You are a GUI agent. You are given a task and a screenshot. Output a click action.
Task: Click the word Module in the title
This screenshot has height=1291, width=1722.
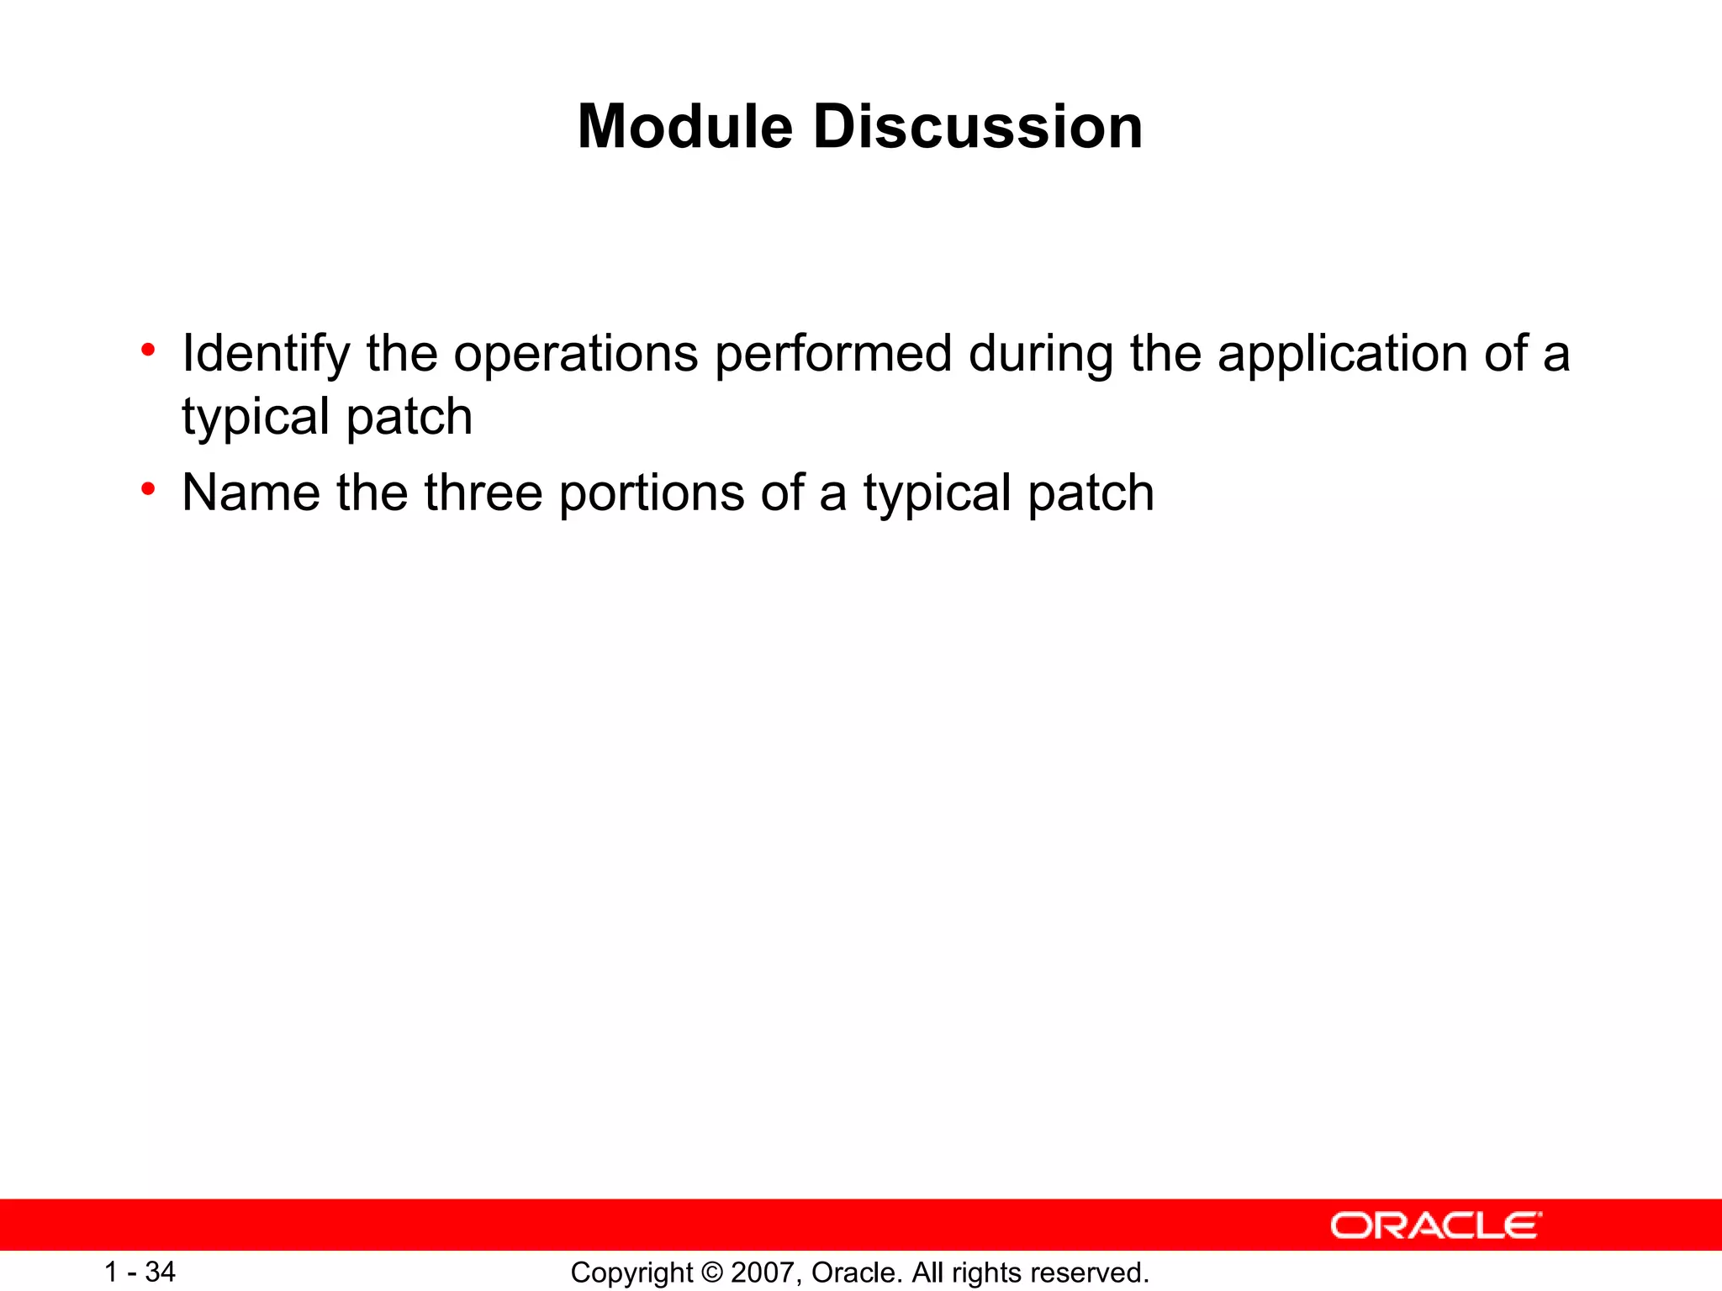684,127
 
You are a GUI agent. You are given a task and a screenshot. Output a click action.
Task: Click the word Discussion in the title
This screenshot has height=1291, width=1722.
977,127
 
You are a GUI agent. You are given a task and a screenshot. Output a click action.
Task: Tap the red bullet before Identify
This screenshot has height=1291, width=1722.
148,350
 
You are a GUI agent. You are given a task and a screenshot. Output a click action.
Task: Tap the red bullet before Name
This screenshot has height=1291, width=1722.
148,489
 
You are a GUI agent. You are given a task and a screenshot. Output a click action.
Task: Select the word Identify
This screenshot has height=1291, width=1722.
266,354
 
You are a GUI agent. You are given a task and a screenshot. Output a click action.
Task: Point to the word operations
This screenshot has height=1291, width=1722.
576,354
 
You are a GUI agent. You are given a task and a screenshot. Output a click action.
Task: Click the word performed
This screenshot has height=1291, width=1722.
833,354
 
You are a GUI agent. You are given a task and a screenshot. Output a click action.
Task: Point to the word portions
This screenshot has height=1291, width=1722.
652,494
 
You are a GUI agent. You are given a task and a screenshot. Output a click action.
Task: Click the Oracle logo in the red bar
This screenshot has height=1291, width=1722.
1435,1226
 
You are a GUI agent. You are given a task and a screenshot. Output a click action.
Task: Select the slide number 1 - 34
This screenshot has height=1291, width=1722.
140,1272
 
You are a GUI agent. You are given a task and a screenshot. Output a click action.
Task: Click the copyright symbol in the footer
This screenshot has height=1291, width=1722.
711,1273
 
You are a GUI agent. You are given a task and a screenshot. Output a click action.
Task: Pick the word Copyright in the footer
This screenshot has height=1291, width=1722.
631,1273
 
